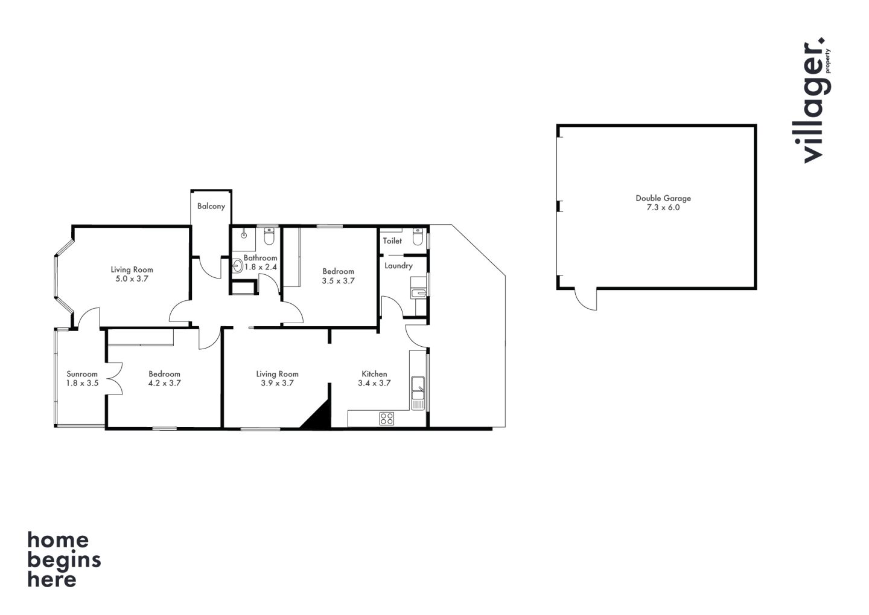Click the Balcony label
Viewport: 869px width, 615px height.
click(x=211, y=206)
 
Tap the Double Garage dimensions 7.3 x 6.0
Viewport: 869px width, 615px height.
click(x=663, y=207)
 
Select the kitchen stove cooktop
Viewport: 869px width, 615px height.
click(x=387, y=418)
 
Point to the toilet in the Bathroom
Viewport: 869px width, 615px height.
click(x=269, y=236)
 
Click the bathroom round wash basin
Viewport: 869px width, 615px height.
click(x=238, y=266)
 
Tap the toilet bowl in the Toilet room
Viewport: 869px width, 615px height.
click(x=418, y=237)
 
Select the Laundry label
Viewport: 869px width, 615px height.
click(x=398, y=266)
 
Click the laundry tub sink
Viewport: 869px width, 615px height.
click(x=419, y=293)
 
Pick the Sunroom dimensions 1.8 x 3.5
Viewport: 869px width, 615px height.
click(x=82, y=383)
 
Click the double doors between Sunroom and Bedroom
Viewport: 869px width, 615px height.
click(x=115, y=379)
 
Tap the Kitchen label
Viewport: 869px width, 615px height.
click(x=374, y=374)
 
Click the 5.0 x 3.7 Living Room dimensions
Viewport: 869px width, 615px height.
click(x=132, y=279)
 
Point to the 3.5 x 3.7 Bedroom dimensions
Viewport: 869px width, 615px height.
click(x=339, y=281)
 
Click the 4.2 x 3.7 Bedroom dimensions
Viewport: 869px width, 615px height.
click(x=165, y=383)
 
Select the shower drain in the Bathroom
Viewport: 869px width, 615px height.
click(x=244, y=235)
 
